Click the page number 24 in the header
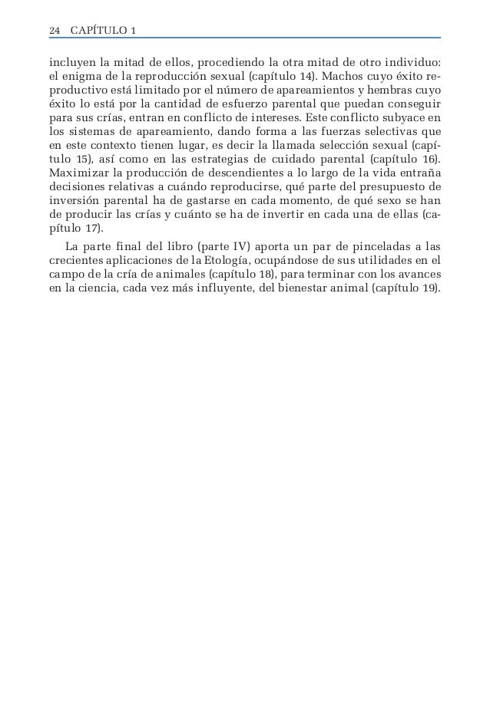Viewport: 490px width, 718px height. [54, 31]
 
